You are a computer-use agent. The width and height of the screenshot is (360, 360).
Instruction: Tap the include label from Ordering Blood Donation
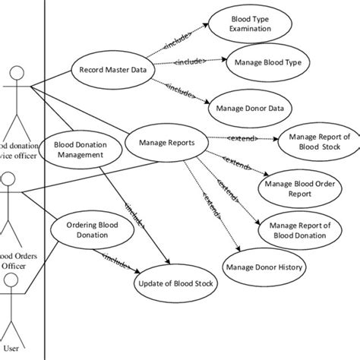(115, 261)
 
